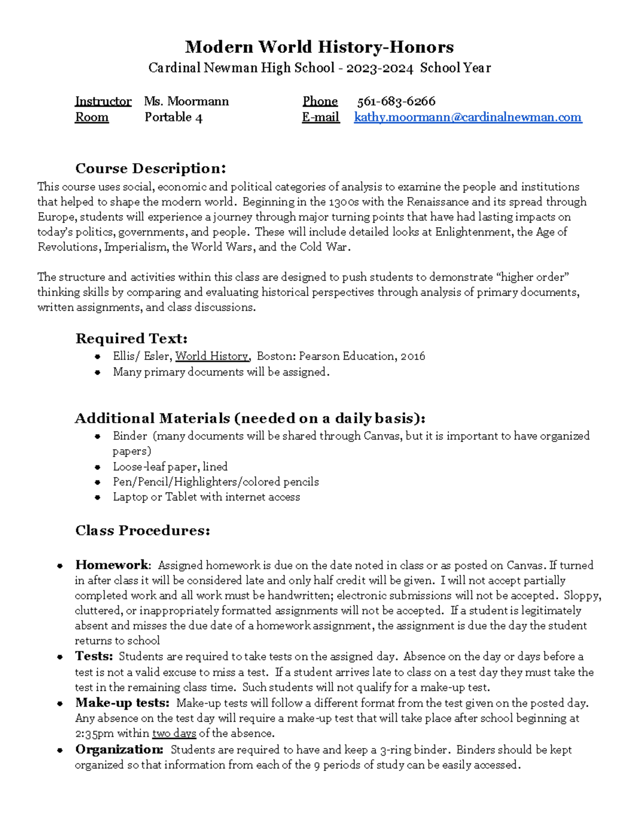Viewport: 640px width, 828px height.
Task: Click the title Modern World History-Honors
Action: [x=319, y=47]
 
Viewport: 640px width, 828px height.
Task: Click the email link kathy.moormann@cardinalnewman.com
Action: [x=468, y=117]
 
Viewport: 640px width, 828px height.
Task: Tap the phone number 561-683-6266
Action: [x=396, y=101]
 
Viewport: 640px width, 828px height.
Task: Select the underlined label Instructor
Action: [x=103, y=101]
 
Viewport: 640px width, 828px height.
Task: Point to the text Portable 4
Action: [x=173, y=117]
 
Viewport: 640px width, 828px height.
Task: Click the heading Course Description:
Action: [x=150, y=168]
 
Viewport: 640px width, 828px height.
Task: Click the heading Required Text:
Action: [x=131, y=339]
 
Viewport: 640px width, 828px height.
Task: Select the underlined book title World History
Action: [x=212, y=356]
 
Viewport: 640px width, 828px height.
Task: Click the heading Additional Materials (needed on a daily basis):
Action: [x=250, y=418]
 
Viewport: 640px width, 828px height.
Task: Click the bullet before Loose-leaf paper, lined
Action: [x=97, y=467]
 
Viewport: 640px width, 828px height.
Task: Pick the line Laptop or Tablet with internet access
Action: [x=206, y=497]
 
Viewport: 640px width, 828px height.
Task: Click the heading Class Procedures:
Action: [x=142, y=530]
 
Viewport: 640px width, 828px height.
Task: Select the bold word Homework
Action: [x=112, y=565]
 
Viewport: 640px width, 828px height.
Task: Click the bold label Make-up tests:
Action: [x=122, y=703]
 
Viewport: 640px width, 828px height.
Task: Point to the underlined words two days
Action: [x=174, y=734]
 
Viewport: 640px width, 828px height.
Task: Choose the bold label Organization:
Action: [x=119, y=750]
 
